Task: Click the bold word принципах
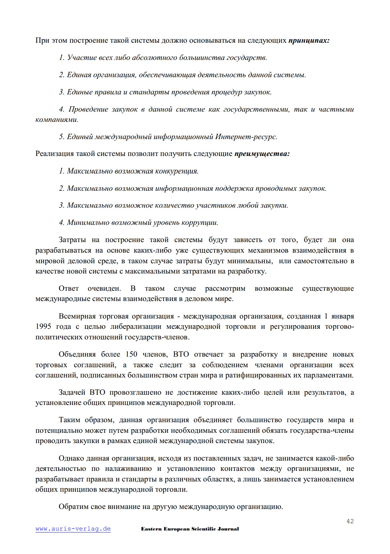point(309,41)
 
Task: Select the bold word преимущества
point(262,154)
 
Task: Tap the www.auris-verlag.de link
point(73,529)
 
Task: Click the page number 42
point(350,521)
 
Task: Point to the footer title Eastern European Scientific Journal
point(190,529)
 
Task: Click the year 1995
point(43,327)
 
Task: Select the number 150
point(131,354)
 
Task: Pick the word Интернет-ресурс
point(246,137)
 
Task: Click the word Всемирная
point(77,316)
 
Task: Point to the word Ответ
point(69,288)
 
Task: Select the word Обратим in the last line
point(73,507)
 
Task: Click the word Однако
point(71,458)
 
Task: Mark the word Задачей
point(72,393)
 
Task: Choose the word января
point(342,316)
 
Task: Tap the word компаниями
point(57,120)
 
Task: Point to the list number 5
point(61,137)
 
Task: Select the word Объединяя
point(77,354)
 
